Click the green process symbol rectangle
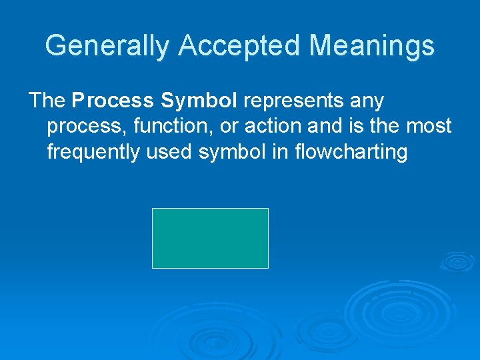click(210, 238)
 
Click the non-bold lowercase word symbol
click(233, 152)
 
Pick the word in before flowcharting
click(277, 151)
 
